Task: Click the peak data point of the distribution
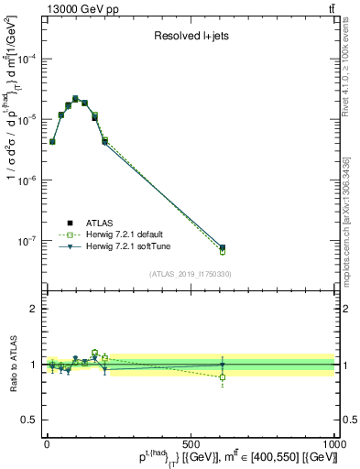[76, 98]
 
